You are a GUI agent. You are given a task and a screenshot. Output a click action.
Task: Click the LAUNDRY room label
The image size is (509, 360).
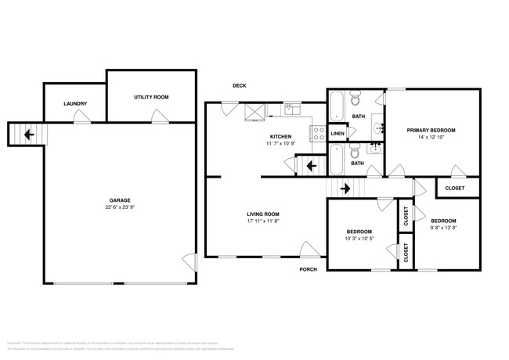coord(75,103)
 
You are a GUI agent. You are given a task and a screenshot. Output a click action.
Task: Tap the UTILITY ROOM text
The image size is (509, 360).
coord(151,97)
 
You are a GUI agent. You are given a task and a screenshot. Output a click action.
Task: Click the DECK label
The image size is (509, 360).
coord(240,86)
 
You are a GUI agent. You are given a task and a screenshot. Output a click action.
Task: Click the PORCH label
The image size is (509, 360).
coord(308,270)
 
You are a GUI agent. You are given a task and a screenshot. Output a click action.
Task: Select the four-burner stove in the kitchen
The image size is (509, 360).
coord(319,134)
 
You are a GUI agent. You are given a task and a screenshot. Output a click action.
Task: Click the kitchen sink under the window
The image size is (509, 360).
coord(291,110)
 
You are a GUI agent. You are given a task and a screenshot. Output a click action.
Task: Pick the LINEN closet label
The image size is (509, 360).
coord(338,134)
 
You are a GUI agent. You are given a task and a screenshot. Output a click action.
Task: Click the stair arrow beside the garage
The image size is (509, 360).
coord(28,135)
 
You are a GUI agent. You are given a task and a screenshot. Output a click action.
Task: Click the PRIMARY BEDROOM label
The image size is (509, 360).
coord(431,129)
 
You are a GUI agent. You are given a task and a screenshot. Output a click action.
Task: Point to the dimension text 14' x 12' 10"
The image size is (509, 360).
coord(431,137)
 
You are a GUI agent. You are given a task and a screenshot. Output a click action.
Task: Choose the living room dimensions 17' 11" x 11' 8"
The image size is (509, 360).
coord(263,221)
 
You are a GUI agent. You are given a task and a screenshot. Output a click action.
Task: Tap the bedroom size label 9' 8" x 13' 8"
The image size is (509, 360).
coord(442,229)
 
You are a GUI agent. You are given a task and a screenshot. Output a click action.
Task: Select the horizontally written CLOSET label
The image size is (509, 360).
coord(454,188)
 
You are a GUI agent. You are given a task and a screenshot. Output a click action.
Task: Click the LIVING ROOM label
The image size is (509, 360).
coord(263,214)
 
